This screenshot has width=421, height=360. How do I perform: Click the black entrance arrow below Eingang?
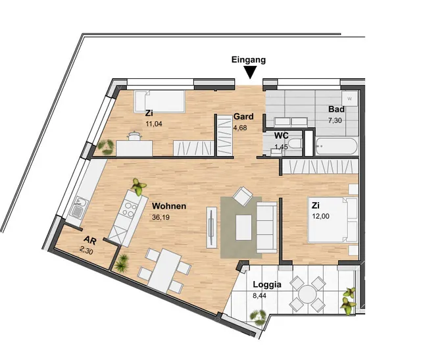click(x=250, y=72)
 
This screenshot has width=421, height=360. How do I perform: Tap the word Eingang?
click(x=249, y=60)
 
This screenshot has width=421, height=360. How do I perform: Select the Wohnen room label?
click(x=169, y=206)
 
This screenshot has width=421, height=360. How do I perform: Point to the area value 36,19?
click(x=161, y=217)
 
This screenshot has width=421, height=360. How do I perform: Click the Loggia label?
click(x=267, y=284)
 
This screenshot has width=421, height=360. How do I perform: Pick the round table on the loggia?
click(x=307, y=294)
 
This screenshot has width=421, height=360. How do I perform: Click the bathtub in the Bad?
click(x=337, y=146)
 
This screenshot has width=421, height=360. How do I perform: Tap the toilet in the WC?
click(x=295, y=143)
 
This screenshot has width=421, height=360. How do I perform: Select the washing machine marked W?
click(x=349, y=99)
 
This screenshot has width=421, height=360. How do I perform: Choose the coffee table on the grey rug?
click(x=243, y=228)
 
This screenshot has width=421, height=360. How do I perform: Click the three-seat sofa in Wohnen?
click(x=266, y=227)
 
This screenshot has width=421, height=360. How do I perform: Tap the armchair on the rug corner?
click(x=243, y=196)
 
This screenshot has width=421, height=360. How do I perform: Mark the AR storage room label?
click(x=90, y=240)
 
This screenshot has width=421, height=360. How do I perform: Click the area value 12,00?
click(x=320, y=217)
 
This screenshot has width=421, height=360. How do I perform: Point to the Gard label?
click(x=243, y=116)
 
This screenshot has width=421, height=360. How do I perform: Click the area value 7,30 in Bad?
click(x=335, y=120)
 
